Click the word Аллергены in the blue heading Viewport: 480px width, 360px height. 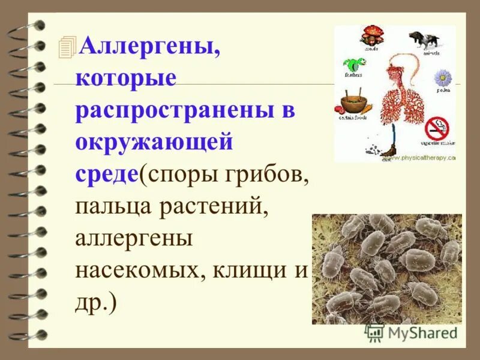coord(149,46)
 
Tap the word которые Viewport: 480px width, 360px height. coord(127,79)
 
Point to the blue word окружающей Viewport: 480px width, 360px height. coord(154,144)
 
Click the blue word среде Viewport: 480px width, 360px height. coord(107,176)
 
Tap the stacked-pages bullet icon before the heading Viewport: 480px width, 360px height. coord(69,47)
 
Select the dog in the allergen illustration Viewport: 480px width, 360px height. coord(423,38)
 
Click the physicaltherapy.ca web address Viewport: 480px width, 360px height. coord(425,158)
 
